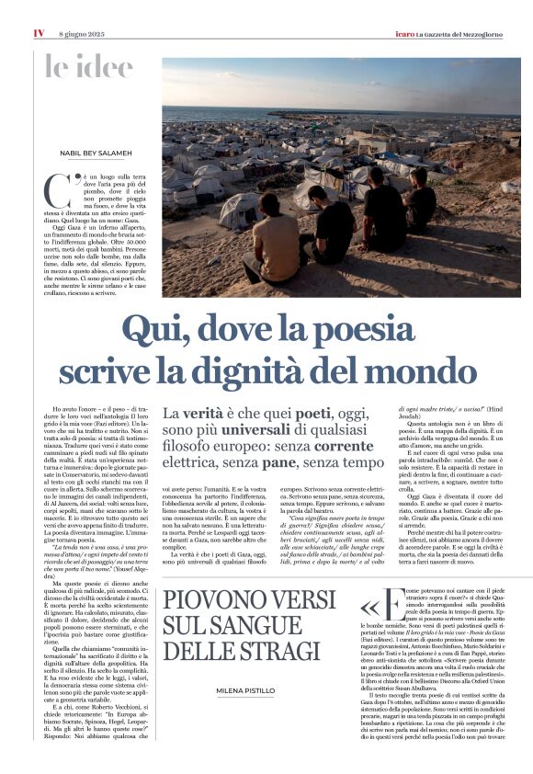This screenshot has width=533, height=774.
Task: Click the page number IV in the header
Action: (x=39, y=33)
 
